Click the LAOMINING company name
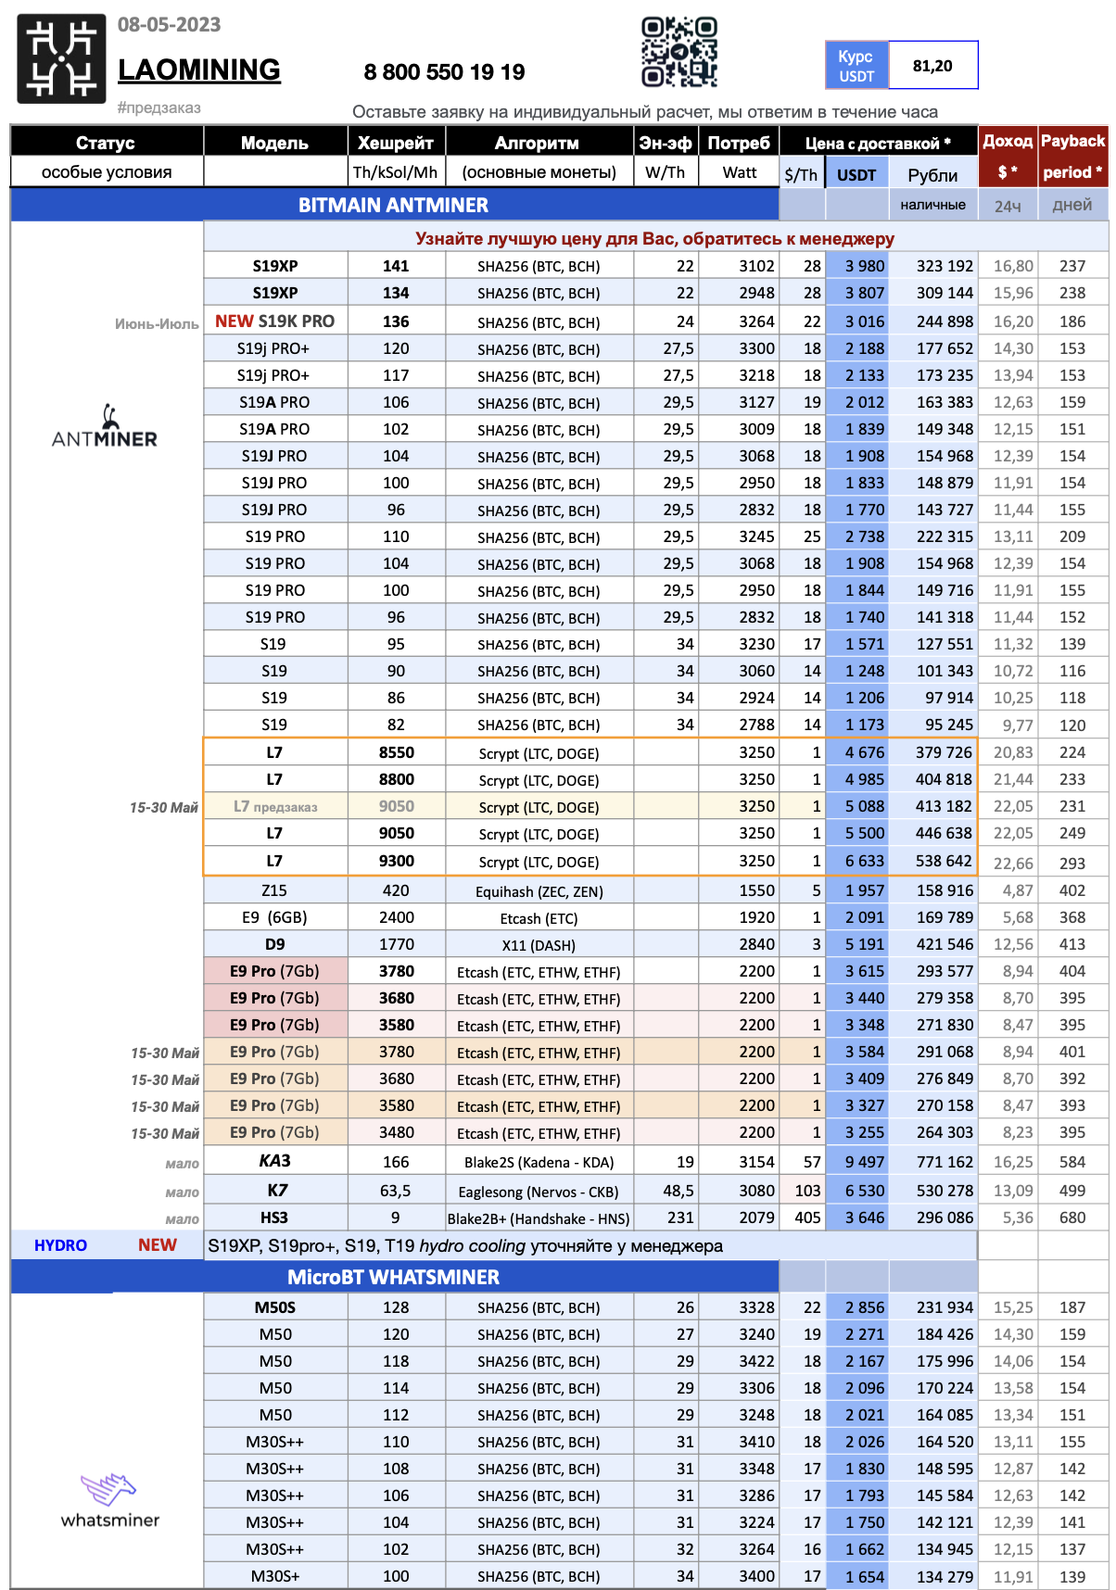198,69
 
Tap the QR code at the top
679,53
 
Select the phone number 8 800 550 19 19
444,72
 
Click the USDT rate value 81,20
932,66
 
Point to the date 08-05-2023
170,25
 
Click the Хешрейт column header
396,143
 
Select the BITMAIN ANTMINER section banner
393,205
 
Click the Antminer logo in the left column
105,428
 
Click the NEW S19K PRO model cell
274,322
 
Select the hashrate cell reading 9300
396,861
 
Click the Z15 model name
274,890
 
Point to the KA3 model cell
274,1161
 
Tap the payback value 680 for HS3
1072,1218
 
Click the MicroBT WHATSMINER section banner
393,1277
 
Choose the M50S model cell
274,1307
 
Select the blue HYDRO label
60,1245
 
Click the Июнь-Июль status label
157,324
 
